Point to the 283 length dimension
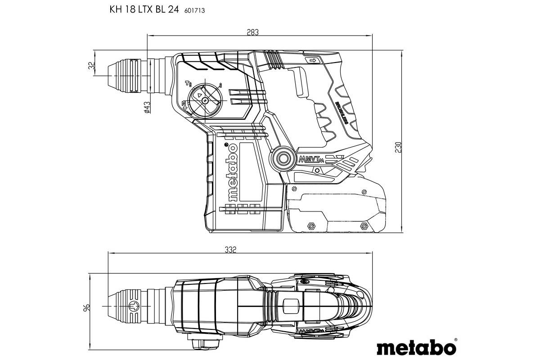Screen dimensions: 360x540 click(x=253, y=32)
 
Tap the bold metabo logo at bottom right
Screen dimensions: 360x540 click(x=416, y=347)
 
